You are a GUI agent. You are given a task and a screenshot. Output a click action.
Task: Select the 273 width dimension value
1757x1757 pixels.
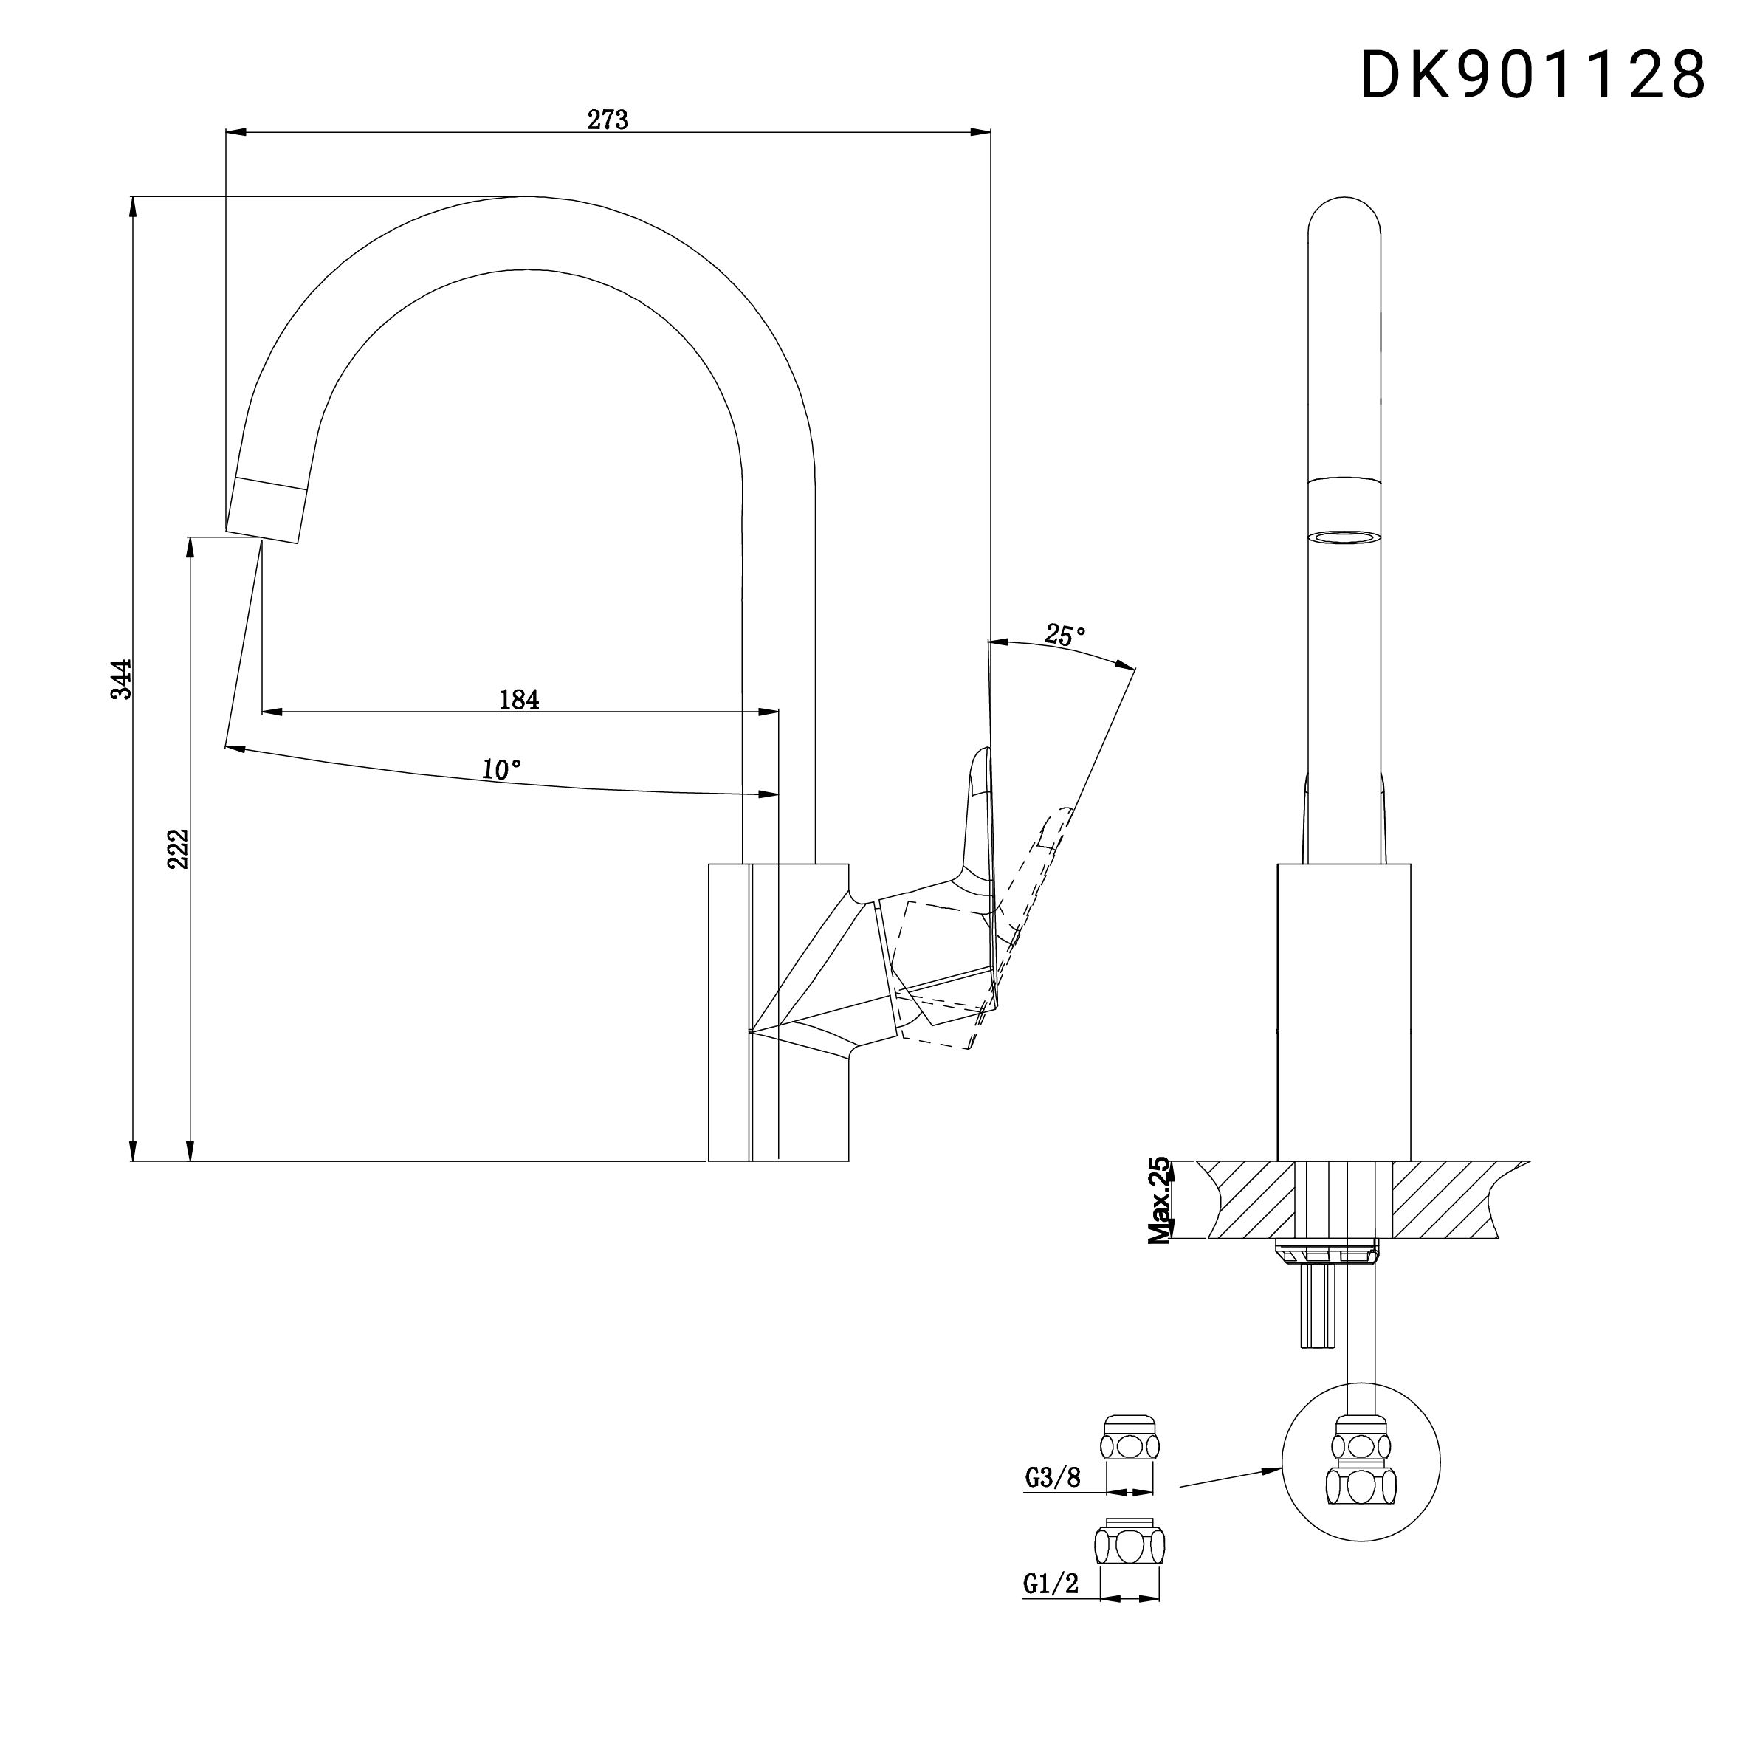point(608,120)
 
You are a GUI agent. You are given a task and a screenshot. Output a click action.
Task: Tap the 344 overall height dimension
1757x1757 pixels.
point(122,679)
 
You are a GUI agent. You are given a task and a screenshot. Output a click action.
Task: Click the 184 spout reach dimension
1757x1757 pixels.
point(519,699)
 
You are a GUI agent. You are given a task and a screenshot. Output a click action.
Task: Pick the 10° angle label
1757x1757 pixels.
point(501,769)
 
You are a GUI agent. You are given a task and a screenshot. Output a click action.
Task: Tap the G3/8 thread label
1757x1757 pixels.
point(1052,1478)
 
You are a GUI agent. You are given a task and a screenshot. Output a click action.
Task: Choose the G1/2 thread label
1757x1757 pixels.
point(1051,1584)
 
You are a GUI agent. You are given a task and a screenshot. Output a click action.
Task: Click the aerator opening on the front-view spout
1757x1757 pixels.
point(1344,538)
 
